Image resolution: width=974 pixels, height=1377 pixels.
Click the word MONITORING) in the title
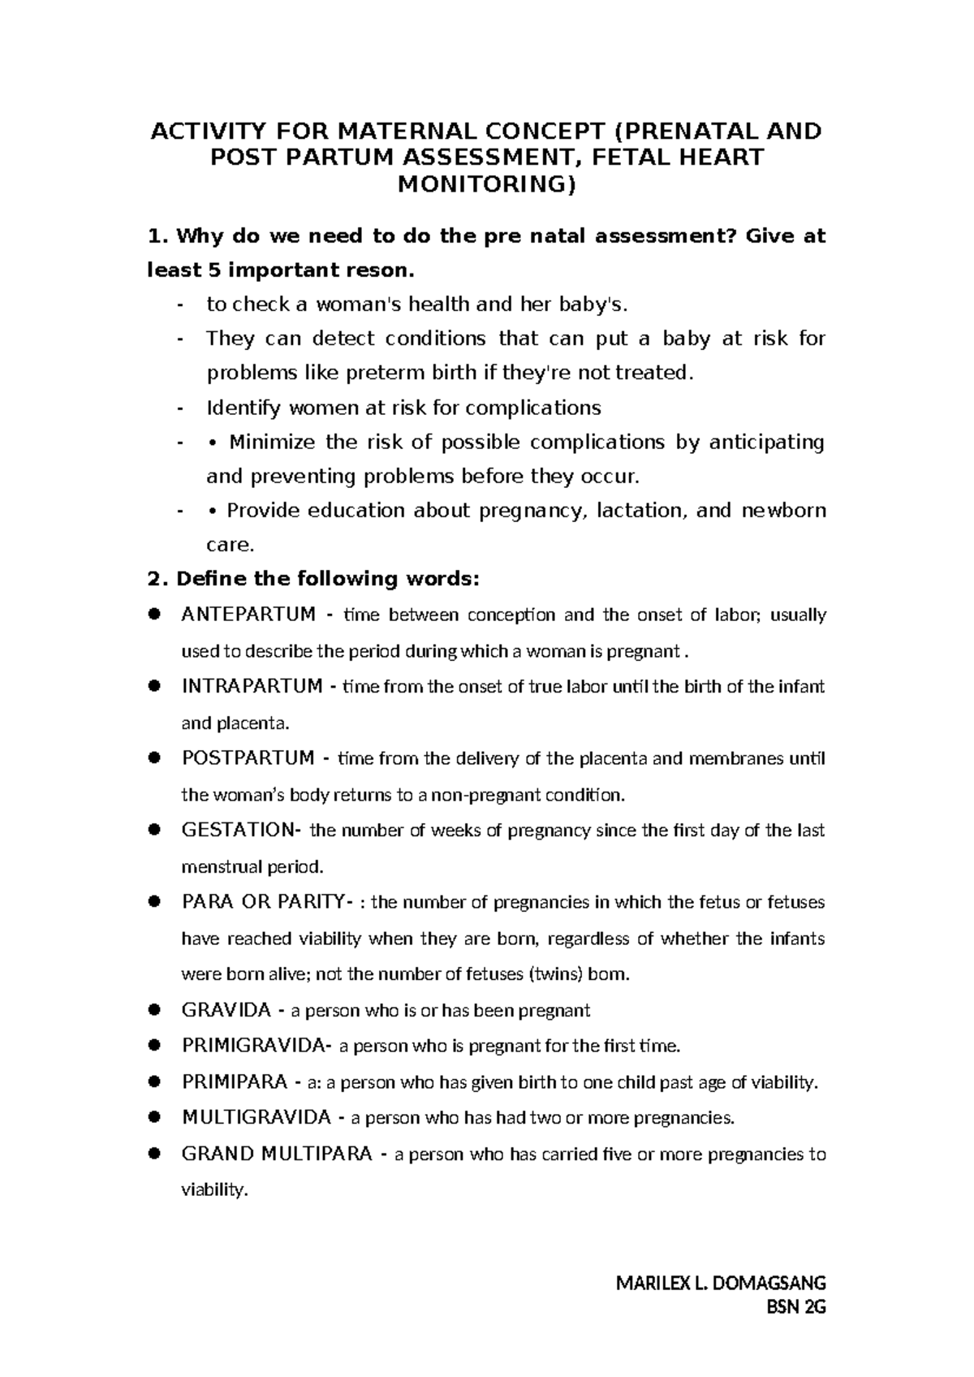tap(485, 185)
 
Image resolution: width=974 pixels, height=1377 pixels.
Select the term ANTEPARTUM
tap(248, 615)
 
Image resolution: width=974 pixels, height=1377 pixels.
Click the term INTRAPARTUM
tap(252, 686)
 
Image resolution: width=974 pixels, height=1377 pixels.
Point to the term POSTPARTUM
tap(248, 758)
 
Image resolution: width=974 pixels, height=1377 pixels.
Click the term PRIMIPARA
tap(235, 1081)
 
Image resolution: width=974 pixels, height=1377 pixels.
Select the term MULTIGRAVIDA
tap(256, 1118)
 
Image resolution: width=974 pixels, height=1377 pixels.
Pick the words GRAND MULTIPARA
tap(277, 1154)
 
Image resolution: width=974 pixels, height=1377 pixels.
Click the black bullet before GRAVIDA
tap(153, 1010)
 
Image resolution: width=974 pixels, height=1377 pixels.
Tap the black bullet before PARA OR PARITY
tap(153, 902)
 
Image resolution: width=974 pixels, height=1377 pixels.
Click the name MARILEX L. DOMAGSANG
tap(721, 1284)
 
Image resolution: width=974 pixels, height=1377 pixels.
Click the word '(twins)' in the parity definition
tap(555, 974)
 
